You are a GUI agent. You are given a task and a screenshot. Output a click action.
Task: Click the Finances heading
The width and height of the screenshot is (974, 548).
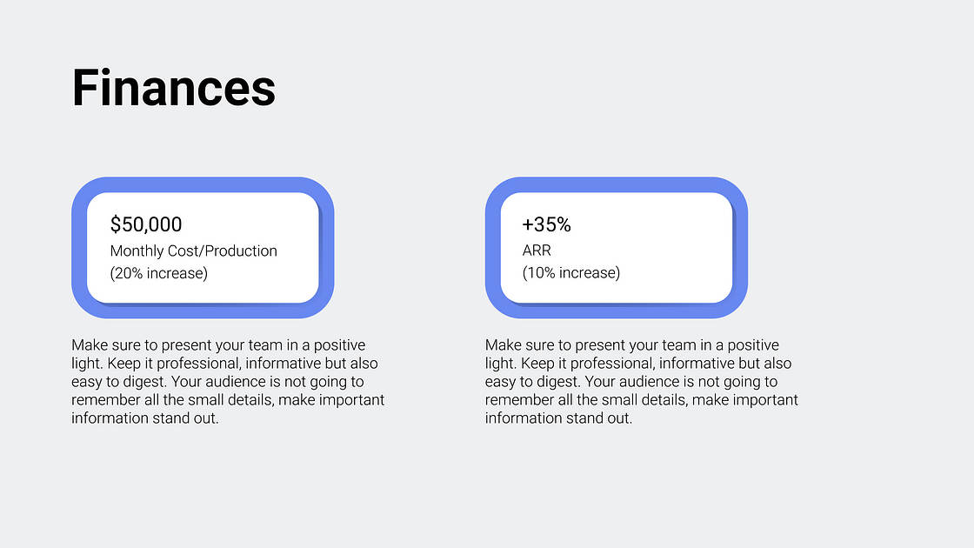tap(173, 88)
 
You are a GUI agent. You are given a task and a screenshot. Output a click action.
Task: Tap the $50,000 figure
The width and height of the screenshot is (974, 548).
tap(146, 224)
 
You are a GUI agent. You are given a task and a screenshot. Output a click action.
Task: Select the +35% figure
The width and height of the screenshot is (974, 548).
tap(547, 224)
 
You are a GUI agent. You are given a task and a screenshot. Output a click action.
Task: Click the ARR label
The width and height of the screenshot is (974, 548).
tap(537, 251)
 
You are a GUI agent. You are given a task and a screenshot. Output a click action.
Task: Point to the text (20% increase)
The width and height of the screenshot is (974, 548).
tap(159, 273)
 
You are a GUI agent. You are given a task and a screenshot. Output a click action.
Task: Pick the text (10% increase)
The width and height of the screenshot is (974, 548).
tap(571, 273)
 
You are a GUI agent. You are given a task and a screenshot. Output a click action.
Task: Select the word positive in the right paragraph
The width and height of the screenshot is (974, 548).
tap(753, 345)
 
